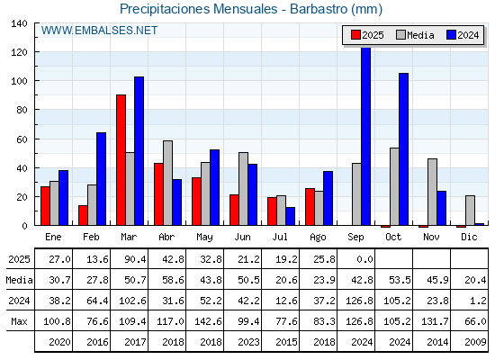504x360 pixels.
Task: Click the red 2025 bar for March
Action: pos(121,160)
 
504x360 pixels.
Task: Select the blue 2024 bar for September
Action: pos(365,136)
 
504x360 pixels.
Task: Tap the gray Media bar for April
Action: pos(167,183)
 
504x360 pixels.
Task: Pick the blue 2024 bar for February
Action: pos(101,179)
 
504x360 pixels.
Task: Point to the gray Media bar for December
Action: pos(470,211)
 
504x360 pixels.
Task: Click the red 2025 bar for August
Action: pos(310,207)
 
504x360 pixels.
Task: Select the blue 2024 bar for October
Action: pos(404,149)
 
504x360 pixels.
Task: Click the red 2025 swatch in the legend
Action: pos(355,35)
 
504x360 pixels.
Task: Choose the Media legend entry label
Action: pos(420,35)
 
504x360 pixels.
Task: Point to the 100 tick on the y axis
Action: pos(36,80)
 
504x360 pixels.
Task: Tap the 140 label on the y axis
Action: pos(19,23)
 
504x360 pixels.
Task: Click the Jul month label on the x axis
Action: pos(280,237)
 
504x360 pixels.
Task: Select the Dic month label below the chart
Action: pos(469,237)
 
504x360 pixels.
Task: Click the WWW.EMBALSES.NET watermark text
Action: pos(99,31)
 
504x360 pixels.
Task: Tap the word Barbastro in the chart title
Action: pos(319,9)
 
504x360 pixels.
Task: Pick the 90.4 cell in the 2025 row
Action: pos(135,259)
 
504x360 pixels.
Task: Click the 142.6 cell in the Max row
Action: pos(208,321)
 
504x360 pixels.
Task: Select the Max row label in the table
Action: pos(19,321)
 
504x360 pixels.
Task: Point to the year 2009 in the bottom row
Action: pos(475,342)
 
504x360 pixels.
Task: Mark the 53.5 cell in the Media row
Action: pos(400,280)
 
